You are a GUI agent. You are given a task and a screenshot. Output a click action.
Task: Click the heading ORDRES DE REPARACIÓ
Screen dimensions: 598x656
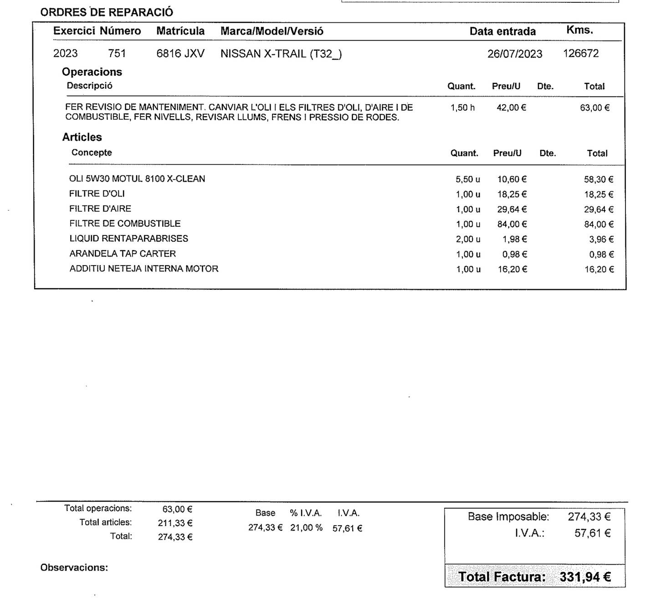coord(107,12)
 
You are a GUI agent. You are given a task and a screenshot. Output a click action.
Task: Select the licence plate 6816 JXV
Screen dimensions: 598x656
coord(180,54)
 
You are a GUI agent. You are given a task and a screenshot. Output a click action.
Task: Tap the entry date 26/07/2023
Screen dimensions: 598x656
coord(515,54)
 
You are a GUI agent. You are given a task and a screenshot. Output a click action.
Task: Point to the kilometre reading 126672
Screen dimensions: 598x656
coord(581,53)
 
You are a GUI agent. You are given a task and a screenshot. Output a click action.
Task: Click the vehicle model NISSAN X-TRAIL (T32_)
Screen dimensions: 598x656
coord(281,54)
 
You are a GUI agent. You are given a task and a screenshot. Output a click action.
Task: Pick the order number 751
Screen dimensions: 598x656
coord(117,54)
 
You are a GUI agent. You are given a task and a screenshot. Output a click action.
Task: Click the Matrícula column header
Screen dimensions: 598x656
coord(180,31)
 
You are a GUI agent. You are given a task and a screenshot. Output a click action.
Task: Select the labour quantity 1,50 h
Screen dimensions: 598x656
coord(462,108)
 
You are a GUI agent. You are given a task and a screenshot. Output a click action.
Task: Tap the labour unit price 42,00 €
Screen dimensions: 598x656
coord(511,108)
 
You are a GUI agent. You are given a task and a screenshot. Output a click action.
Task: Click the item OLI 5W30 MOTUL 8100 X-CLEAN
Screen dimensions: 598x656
coord(137,179)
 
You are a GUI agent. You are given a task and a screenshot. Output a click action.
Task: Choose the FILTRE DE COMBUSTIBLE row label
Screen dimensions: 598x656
coord(125,224)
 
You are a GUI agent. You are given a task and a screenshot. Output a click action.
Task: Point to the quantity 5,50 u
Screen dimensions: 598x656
coord(468,179)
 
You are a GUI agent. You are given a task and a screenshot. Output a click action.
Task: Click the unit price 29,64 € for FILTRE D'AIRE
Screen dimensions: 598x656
coord(512,210)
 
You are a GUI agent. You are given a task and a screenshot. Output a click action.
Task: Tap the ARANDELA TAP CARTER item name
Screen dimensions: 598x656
coord(123,254)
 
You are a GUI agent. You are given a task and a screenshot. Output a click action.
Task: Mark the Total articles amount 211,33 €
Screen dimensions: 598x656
coord(175,523)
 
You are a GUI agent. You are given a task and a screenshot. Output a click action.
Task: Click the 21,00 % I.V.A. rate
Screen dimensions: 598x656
coord(306,528)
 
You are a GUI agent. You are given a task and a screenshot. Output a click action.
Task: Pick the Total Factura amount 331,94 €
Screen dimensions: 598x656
coord(585,577)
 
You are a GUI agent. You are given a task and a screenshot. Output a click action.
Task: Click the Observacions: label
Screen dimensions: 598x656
coord(74,568)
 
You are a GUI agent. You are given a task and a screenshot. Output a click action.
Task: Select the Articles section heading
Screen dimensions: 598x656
coord(82,137)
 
